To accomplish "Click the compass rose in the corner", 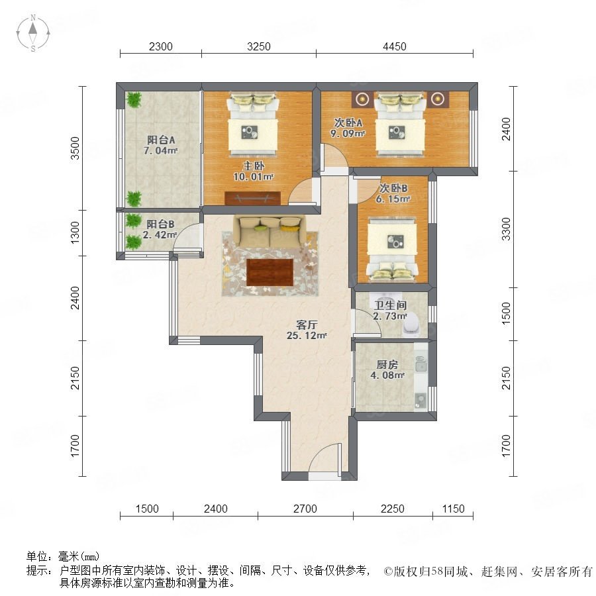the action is pyautogui.click(x=33, y=33).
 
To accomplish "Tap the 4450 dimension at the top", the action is pyautogui.click(x=395, y=46).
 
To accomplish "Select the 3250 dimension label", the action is pyautogui.click(x=258, y=46).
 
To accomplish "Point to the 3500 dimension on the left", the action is pyautogui.click(x=75, y=148).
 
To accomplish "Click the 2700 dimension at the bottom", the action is pyautogui.click(x=305, y=509).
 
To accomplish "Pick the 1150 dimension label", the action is pyautogui.click(x=453, y=509).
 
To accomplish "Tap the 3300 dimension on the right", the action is pyautogui.click(x=507, y=229).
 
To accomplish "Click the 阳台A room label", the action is pyautogui.click(x=161, y=140).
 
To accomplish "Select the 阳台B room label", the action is pyautogui.click(x=160, y=224).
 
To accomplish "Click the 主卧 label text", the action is pyautogui.click(x=254, y=166).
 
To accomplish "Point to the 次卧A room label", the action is pyautogui.click(x=348, y=123).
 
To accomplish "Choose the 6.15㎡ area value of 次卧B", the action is pyautogui.click(x=393, y=199).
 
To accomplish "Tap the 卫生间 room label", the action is pyautogui.click(x=390, y=305).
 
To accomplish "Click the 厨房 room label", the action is pyautogui.click(x=387, y=364).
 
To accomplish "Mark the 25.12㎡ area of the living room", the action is pyautogui.click(x=307, y=336).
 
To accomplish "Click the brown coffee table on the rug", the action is pyautogui.click(x=270, y=272).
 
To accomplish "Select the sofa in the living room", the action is pyautogui.click(x=270, y=232).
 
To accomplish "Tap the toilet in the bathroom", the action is pyautogui.click(x=412, y=326).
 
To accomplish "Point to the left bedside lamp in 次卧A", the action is pyautogui.click(x=363, y=99).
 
